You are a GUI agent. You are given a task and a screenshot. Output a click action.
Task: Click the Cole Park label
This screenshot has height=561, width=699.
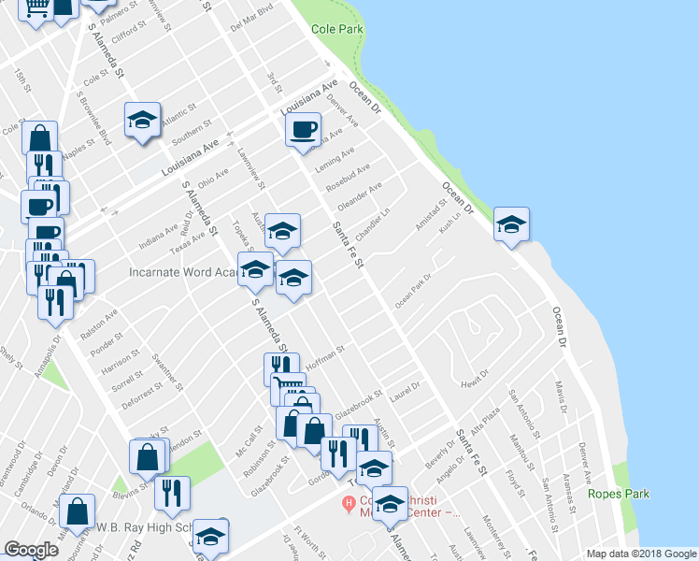coord(337,29)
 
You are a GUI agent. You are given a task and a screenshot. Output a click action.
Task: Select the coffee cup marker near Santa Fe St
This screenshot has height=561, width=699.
coord(303,129)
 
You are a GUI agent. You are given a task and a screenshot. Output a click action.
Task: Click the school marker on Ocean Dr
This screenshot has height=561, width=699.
coord(511,224)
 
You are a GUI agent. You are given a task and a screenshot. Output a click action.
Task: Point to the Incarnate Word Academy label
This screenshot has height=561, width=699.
coord(182,273)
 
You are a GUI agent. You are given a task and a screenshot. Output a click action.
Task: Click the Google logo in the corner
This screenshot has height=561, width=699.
coord(31,550)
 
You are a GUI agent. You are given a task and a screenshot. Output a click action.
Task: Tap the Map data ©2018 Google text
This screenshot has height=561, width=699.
coord(640,553)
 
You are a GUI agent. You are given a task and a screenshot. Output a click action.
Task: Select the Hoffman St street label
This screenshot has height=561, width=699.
coord(324,358)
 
